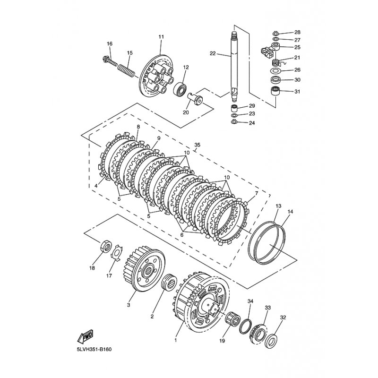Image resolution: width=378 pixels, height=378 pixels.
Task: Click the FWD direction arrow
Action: (x=85, y=336)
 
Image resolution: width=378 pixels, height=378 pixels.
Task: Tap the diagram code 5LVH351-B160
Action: (x=94, y=349)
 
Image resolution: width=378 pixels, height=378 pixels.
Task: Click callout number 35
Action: (x=197, y=145)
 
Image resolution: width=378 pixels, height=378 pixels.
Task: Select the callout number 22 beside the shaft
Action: (x=212, y=53)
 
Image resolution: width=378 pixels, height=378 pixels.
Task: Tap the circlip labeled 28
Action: (x=276, y=34)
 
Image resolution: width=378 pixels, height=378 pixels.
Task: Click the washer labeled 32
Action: (x=271, y=341)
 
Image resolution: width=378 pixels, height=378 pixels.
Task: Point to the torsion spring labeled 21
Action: (x=276, y=63)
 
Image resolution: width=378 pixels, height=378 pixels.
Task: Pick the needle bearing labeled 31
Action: (x=275, y=91)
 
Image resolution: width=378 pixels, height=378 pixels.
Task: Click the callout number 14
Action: (x=290, y=212)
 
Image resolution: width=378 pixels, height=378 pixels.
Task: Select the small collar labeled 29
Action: (x=234, y=108)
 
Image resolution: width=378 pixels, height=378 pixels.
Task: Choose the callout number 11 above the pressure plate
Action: (x=161, y=37)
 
